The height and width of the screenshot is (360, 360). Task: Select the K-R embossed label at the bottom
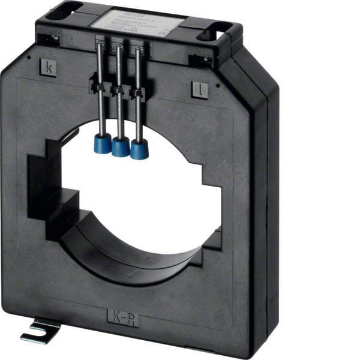123,316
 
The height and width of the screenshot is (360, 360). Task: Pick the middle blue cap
121,147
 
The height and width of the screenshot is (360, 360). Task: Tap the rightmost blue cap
139,150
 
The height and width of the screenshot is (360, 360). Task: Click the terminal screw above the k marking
49,40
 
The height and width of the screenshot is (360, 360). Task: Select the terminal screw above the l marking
202,60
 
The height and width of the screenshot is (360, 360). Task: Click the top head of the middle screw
121,47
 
